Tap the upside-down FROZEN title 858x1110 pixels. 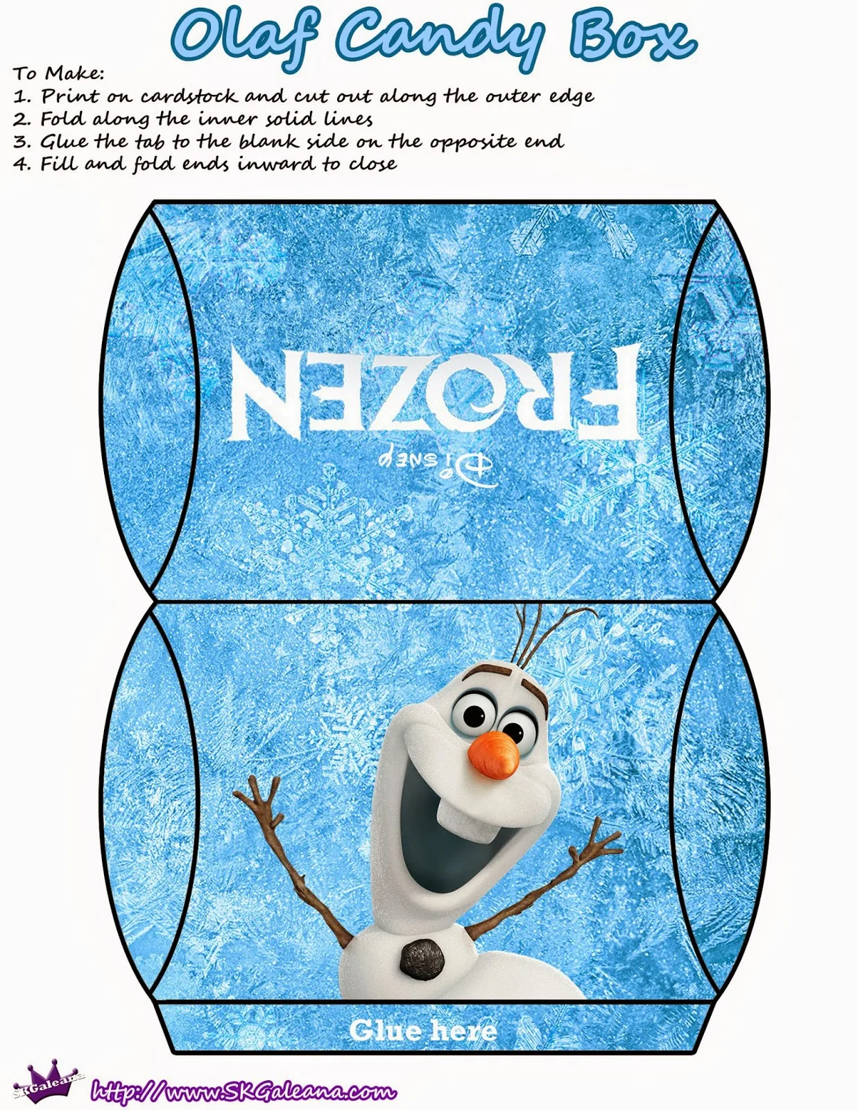[x=435, y=391]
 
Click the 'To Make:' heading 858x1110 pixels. [x=58, y=74]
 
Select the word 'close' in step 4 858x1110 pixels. [x=373, y=164]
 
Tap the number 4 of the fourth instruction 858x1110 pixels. [x=20, y=164]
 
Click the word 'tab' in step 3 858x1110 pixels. [x=150, y=141]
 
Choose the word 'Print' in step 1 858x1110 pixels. [x=70, y=96]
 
